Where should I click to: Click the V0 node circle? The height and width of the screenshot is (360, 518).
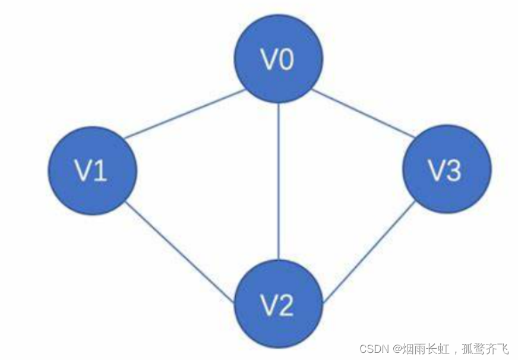pos(278,59)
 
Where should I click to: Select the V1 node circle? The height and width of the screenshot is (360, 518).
pos(92,171)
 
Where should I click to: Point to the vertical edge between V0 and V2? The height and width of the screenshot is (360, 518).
pos(278,181)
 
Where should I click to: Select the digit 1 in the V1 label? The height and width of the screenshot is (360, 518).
pos(100,172)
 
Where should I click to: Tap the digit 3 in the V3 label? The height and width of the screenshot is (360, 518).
pos(453,172)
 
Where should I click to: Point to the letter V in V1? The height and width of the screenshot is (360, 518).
pos(84,172)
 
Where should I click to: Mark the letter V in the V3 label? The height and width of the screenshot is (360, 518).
pos(437,172)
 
